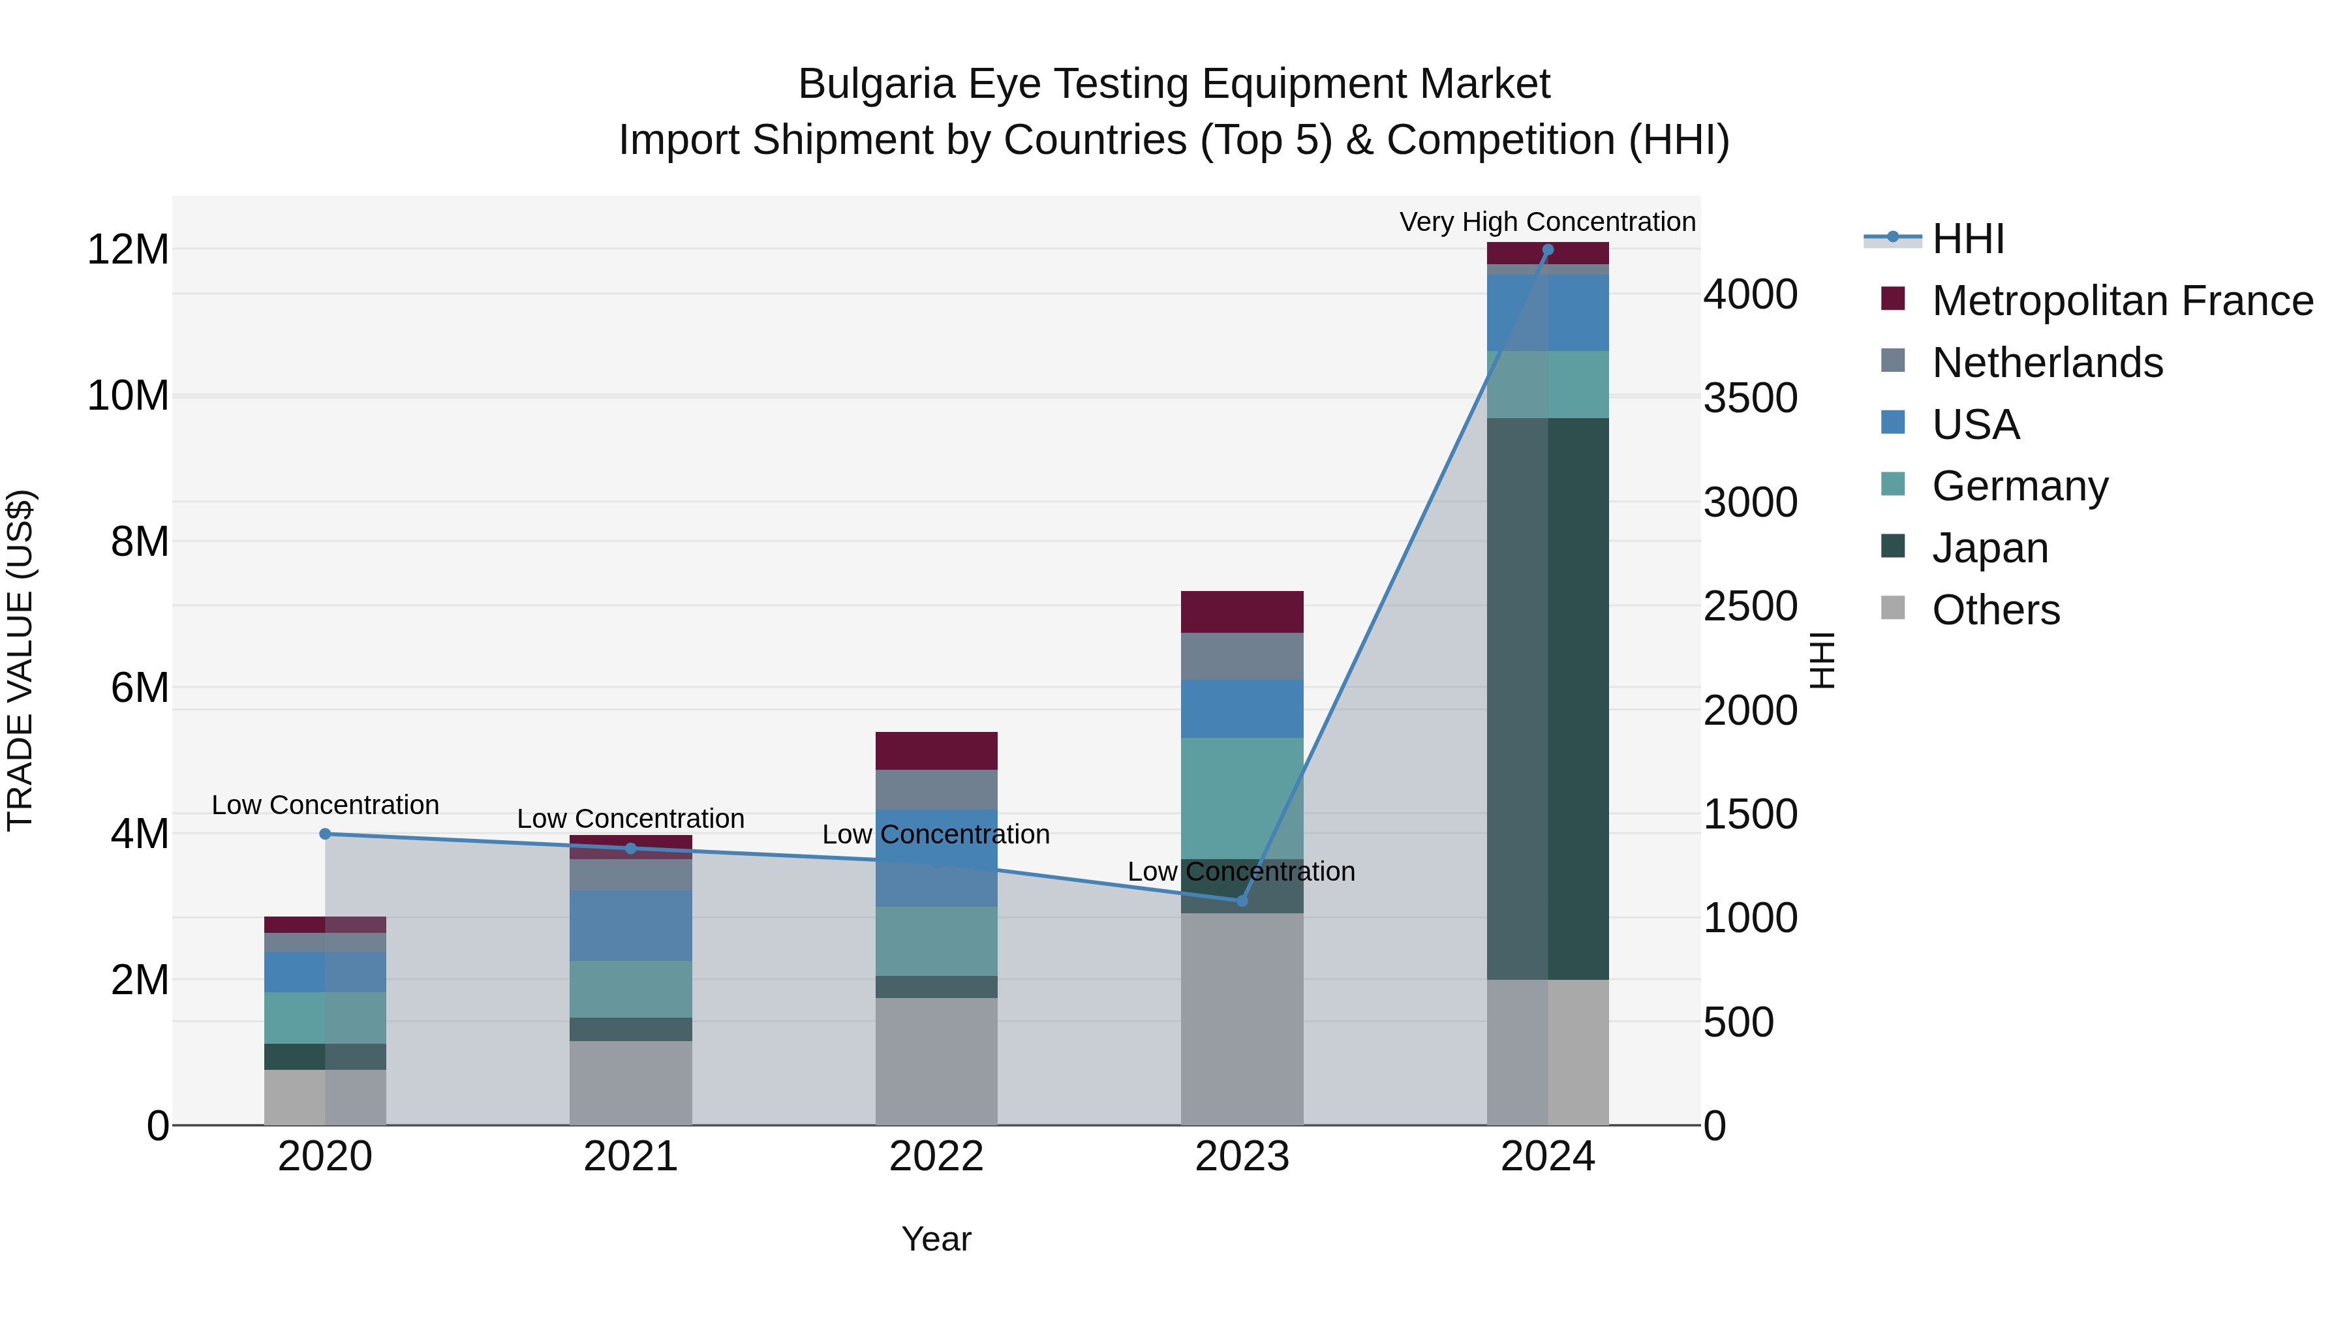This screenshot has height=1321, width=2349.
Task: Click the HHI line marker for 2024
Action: [1548, 250]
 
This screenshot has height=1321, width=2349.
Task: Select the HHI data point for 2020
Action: [326, 833]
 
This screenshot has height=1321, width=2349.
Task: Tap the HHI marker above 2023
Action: [1241, 901]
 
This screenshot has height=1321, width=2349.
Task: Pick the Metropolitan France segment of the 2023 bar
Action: [1241, 612]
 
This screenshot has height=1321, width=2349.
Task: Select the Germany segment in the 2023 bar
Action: [1241, 798]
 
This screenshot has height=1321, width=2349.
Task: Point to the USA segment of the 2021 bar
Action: [630, 925]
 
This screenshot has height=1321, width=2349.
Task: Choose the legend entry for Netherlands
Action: [2047, 363]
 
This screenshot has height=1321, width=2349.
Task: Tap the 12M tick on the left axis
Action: [128, 250]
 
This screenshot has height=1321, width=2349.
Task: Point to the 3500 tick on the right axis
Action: [1750, 399]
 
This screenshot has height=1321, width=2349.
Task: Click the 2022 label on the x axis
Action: [936, 1157]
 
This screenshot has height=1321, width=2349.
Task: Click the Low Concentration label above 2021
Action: [630, 819]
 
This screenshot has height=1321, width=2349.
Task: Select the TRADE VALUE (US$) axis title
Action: [20, 660]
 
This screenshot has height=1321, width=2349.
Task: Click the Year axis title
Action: [936, 1239]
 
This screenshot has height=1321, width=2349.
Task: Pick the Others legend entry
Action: [1995, 610]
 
